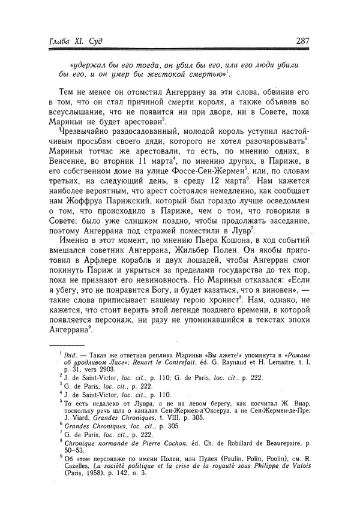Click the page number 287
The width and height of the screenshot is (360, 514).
tap(301, 41)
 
